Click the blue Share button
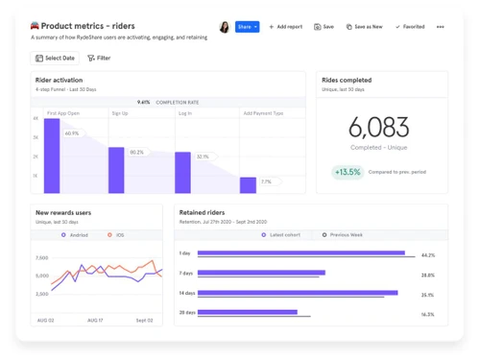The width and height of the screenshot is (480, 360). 247,27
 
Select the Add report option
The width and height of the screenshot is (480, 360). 286,27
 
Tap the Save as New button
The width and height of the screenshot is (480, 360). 364,27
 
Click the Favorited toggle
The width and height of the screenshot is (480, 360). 410,27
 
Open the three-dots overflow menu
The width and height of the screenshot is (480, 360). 441,27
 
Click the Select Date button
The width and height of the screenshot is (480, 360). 55,58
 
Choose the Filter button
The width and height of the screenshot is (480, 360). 99,58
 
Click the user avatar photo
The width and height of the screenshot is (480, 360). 225,27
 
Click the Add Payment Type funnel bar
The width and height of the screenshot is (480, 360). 248,184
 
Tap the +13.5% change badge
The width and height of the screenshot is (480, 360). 348,173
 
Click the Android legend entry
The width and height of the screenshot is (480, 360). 76,234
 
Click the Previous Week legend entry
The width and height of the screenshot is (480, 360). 344,234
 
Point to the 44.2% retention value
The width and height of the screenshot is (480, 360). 427,255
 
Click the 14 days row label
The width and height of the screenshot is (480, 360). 186,293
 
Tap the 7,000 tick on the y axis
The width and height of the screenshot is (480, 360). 41,258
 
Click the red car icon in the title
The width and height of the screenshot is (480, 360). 35,27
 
